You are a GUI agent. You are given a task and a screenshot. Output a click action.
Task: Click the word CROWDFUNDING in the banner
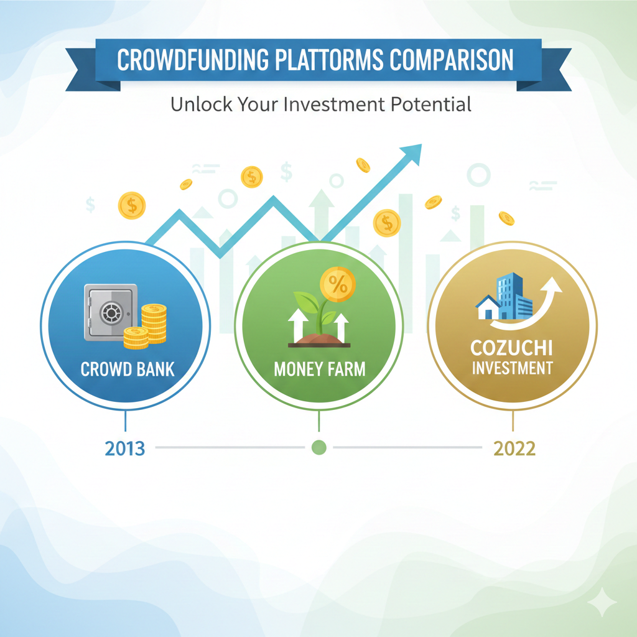pyautogui.click(x=193, y=60)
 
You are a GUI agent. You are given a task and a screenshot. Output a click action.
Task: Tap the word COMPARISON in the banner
pyautogui.click(x=452, y=60)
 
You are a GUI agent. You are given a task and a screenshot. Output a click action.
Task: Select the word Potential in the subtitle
pyautogui.click(x=431, y=104)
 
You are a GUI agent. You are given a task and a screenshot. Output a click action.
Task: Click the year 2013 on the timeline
pyautogui.click(x=124, y=449)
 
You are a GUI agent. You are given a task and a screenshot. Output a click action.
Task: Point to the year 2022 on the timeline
pyautogui.click(x=514, y=449)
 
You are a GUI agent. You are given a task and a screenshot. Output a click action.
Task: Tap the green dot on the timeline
pyautogui.click(x=319, y=447)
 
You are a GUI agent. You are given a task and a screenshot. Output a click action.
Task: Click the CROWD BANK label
pyautogui.click(x=128, y=370)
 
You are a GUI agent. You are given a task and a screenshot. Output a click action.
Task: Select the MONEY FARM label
pyautogui.click(x=320, y=370)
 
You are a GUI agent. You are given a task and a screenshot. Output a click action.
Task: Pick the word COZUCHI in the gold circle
pyautogui.click(x=511, y=348)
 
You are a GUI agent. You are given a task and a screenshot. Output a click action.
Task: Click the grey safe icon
pyautogui.click(x=111, y=312)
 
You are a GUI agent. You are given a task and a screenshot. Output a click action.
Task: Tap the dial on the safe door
pyautogui.click(x=111, y=313)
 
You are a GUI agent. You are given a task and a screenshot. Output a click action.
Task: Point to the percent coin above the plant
pyautogui.click(x=338, y=284)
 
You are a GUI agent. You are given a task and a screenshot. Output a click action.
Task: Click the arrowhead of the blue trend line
pyautogui.click(x=412, y=154)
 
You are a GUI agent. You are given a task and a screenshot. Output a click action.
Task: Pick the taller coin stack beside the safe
pyautogui.click(x=154, y=323)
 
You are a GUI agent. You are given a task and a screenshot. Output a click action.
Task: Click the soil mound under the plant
pyautogui.click(x=319, y=340)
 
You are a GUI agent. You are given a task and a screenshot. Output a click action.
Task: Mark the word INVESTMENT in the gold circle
pyautogui.click(x=513, y=368)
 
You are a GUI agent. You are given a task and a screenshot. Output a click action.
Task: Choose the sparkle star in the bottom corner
pyautogui.click(x=602, y=602)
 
